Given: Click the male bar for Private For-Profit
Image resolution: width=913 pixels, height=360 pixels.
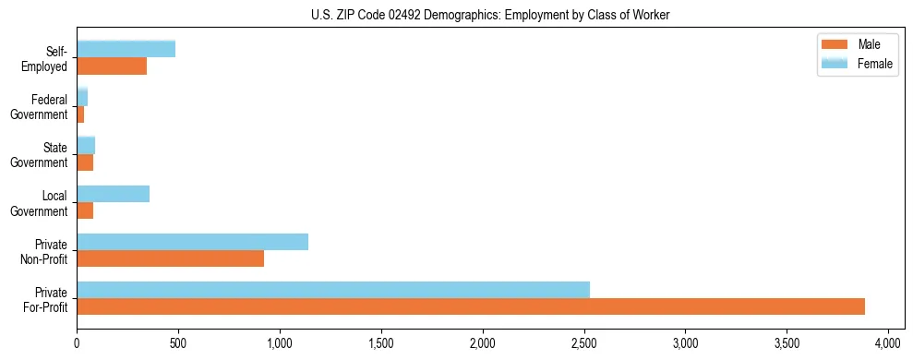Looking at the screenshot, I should (x=471, y=306).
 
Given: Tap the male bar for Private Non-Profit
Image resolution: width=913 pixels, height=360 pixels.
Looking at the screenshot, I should (x=170, y=258).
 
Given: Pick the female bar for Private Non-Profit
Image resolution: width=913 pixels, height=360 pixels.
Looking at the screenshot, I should (x=192, y=242).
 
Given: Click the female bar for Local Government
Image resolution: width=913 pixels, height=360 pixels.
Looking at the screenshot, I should (x=113, y=194).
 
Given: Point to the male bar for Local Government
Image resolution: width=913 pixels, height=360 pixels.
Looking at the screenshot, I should (x=85, y=210).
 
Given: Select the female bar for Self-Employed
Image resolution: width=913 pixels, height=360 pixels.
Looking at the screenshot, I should (x=126, y=49).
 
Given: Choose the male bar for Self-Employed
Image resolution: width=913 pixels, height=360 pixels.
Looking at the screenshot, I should (x=112, y=66).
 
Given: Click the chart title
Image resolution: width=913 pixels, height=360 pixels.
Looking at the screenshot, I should (x=490, y=16).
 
